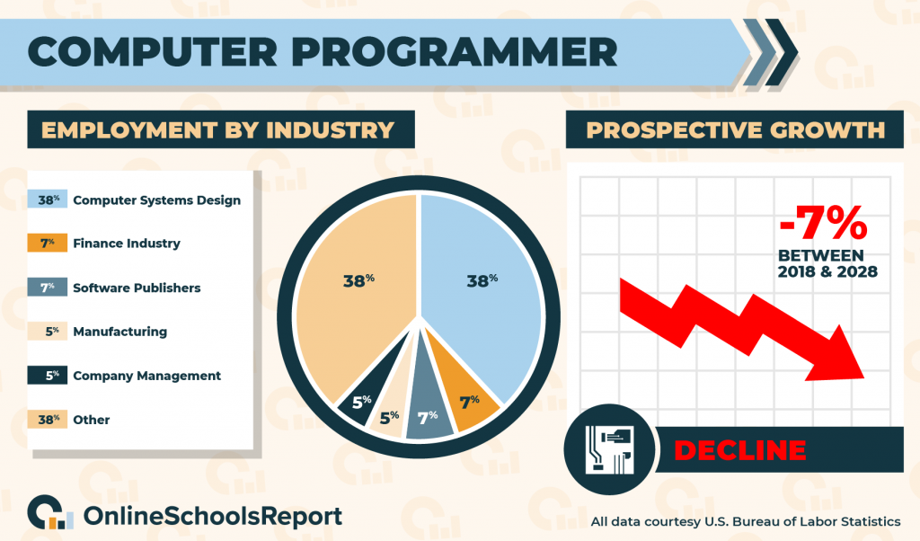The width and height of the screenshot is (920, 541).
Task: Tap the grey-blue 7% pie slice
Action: (428, 411)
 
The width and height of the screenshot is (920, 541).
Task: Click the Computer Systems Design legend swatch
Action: (48, 200)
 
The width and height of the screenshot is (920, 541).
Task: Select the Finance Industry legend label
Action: (127, 243)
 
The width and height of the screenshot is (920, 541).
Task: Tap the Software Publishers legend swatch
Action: (48, 287)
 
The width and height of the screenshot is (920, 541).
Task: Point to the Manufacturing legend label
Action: (120, 332)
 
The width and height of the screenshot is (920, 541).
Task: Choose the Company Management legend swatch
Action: (48, 375)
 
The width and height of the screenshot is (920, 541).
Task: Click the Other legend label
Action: (92, 420)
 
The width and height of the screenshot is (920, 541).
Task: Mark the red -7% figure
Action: (823, 222)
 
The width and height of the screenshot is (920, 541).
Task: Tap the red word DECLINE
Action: (740, 450)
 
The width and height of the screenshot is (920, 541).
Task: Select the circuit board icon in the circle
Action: (609, 449)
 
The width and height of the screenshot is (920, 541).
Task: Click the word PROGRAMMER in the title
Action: (455, 51)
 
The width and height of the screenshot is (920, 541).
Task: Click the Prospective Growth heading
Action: (735, 129)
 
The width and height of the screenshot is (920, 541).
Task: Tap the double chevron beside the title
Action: (770, 53)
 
